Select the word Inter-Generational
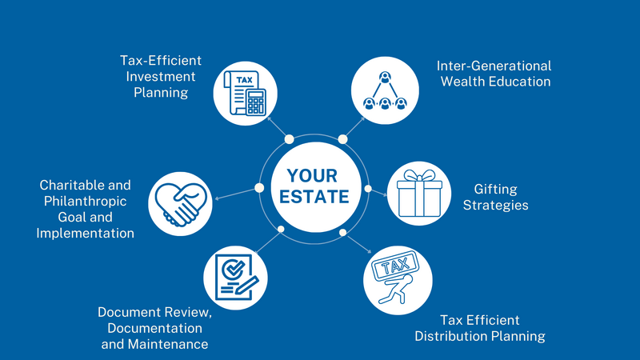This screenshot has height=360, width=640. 494,66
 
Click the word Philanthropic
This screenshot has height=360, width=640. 84,201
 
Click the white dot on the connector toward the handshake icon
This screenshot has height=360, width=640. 259,188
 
